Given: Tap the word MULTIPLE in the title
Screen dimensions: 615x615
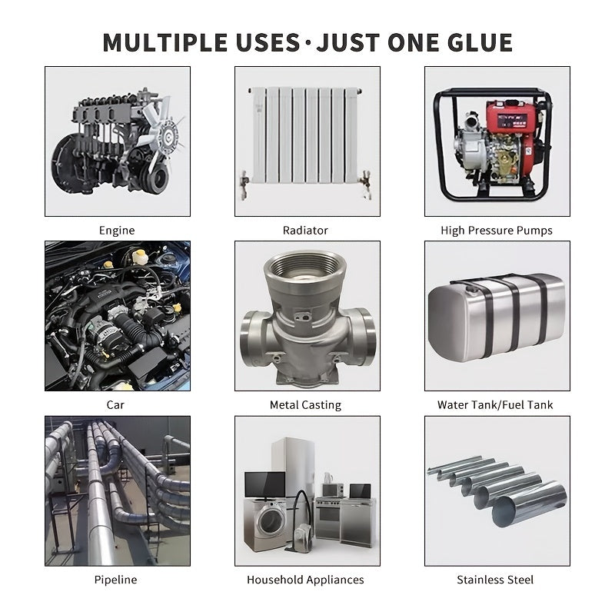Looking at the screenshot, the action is [165, 42].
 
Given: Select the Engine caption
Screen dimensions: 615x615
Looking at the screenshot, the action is [117, 231].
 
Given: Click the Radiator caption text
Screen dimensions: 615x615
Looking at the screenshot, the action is [305, 230].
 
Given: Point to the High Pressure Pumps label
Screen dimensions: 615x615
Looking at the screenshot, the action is [497, 231].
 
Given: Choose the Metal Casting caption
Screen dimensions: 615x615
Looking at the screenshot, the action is [305, 405].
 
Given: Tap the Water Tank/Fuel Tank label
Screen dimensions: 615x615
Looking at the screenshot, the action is [495, 405].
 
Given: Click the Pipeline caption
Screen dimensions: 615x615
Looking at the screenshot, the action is [116, 580].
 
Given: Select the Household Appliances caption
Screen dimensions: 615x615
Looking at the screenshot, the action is [305, 580].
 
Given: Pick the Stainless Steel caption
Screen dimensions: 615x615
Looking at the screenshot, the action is [495, 580].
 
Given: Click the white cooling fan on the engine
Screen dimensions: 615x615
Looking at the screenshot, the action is [163, 129].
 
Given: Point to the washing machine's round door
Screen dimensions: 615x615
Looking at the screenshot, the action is [271, 520].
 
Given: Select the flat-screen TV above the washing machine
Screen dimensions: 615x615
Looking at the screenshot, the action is [264, 486].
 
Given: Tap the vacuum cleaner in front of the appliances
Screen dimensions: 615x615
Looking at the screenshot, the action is [301, 526].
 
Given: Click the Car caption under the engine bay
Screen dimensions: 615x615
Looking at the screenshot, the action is [115, 405].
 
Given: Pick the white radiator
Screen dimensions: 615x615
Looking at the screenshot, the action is [306, 135].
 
